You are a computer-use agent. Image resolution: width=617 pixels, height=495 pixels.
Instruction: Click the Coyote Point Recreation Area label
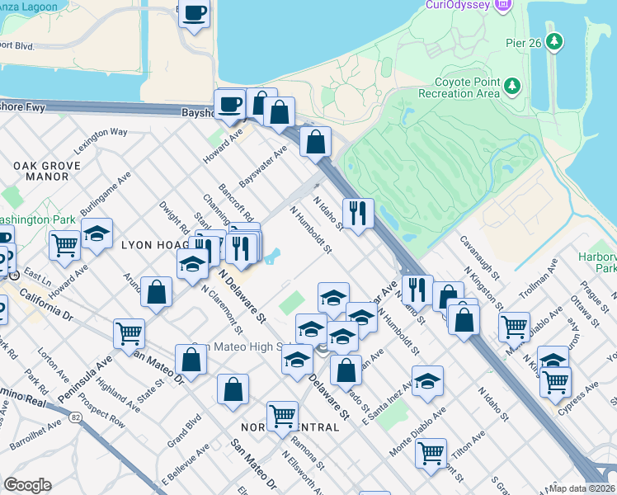(x=467, y=87)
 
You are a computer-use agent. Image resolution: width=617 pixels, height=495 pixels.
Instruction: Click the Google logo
(x=27, y=485)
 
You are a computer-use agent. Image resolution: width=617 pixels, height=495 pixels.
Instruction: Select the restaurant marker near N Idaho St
(x=358, y=213)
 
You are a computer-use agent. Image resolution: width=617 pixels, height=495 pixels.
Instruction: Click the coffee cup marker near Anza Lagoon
(x=195, y=14)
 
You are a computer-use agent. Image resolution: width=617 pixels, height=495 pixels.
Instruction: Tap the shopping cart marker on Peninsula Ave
(x=129, y=333)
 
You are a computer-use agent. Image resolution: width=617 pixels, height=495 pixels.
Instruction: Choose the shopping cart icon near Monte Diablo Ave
(x=431, y=452)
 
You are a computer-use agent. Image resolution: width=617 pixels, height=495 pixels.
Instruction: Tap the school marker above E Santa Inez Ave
(x=427, y=380)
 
